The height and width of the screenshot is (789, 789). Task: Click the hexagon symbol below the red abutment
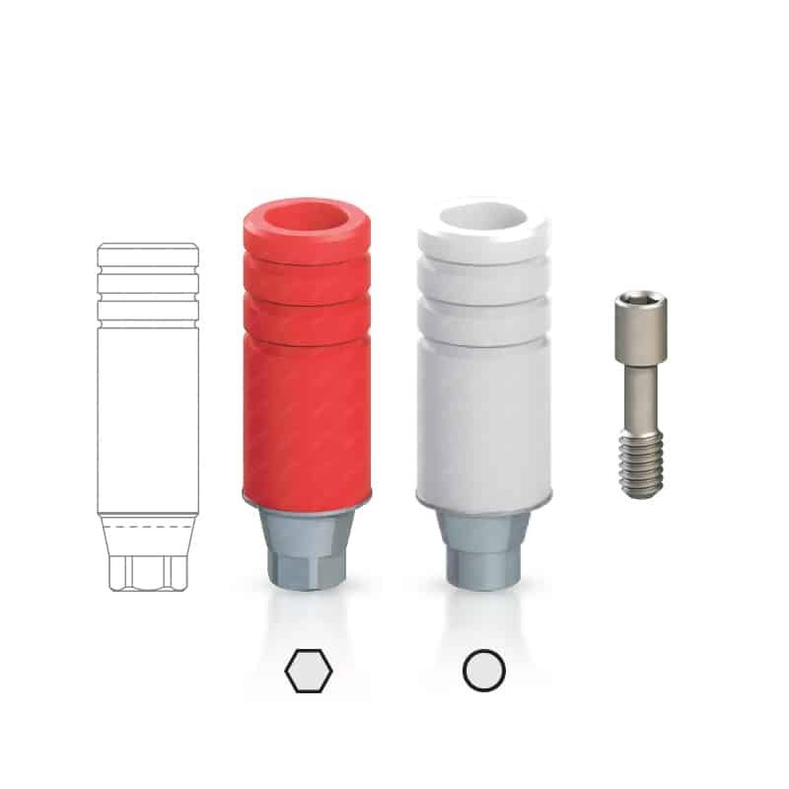click(x=309, y=672)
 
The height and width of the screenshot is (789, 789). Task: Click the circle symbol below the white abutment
click(x=483, y=672)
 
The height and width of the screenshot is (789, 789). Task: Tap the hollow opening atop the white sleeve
click(x=480, y=219)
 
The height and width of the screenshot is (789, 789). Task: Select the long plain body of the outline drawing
click(x=148, y=414)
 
